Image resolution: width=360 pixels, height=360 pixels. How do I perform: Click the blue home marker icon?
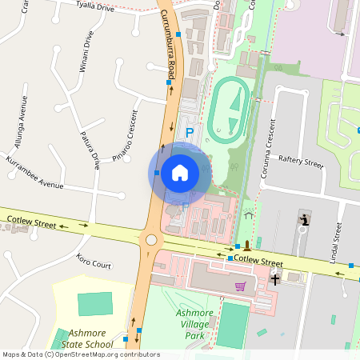point(180,172)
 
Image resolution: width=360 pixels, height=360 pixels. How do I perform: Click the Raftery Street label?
point(300,162)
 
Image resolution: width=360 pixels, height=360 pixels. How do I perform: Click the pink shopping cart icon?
point(240,286)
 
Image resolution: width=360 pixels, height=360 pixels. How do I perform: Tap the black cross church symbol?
point(275,279)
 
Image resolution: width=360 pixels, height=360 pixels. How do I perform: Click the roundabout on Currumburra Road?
point(150,240)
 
